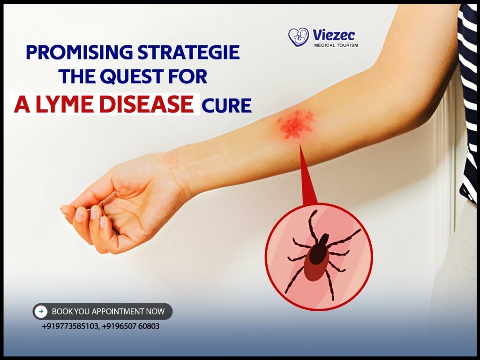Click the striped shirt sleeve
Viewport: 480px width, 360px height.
(469, 94)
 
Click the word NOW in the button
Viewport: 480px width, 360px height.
(157, 311)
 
